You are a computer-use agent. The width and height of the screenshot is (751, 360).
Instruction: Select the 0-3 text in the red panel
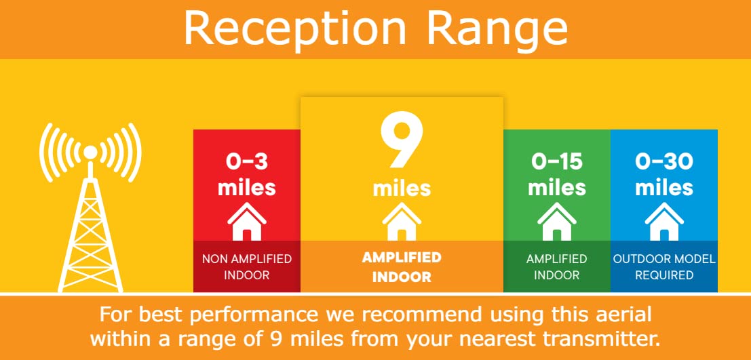click(247, 163)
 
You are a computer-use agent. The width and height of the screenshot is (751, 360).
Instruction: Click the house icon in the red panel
click(247, 221)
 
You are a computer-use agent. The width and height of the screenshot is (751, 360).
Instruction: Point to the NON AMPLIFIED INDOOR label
click(247, 267)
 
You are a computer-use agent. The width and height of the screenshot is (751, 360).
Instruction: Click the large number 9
click(402, 140)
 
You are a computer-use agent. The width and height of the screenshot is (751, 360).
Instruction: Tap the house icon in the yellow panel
click(402, 221)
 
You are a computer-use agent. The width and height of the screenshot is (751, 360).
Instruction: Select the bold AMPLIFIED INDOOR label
click(402, 267)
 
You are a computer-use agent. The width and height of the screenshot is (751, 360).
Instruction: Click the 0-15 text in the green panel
click(557, 163)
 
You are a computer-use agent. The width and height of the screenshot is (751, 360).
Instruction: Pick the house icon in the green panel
click(557, 221)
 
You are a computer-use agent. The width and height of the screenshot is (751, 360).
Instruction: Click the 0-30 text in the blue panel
click(664, 163)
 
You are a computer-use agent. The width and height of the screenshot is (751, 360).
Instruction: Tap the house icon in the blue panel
click(664, 221)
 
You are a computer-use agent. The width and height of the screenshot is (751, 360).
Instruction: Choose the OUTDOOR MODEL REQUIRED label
click(664, 267)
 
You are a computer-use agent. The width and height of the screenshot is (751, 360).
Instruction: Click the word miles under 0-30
click(664, 188)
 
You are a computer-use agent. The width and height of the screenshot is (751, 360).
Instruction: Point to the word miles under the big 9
click(402, 188)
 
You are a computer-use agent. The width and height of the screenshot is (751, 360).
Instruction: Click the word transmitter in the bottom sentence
click(604, 339)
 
